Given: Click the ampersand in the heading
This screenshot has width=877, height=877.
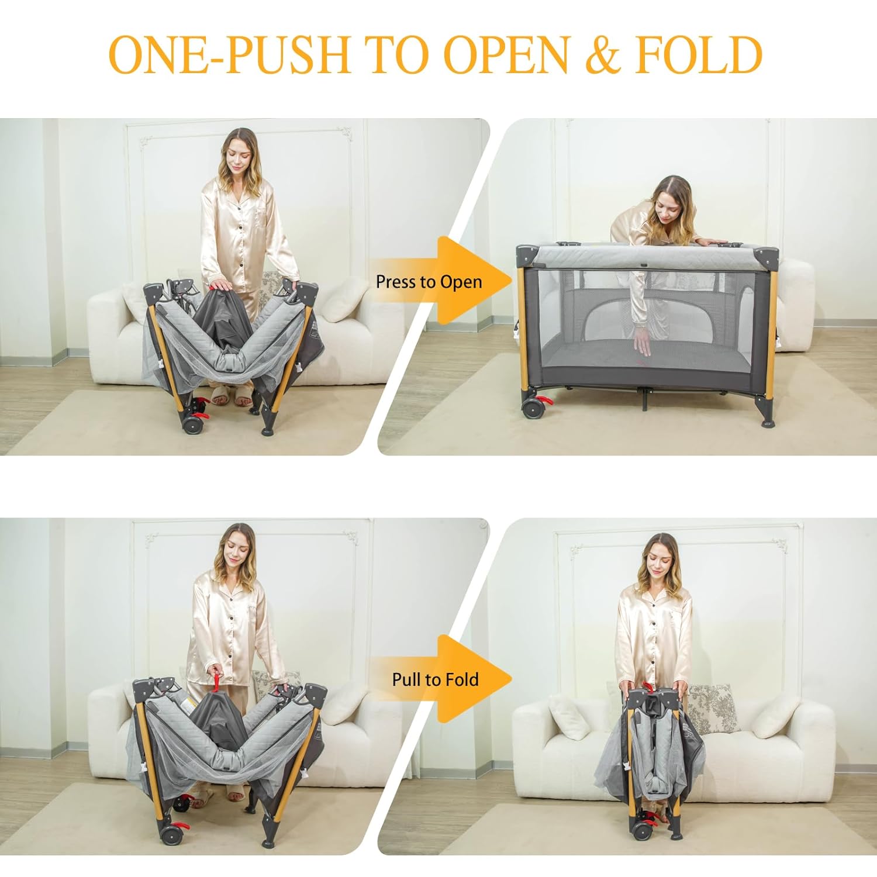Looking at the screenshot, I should coord(603,54).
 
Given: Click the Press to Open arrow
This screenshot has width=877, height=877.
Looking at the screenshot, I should coord(444,281).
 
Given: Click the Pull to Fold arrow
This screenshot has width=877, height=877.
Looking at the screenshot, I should coord(444,679).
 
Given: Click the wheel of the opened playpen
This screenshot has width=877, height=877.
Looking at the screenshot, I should coord(531,408).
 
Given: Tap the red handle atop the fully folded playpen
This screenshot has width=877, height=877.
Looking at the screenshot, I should coord(648,688).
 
